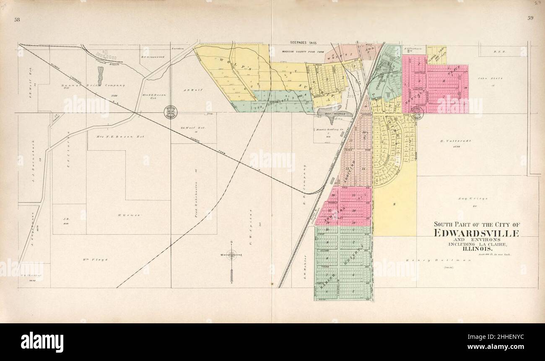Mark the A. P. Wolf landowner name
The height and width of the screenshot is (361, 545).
[190, 90]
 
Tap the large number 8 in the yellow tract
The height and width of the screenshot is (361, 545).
[394, 204]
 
